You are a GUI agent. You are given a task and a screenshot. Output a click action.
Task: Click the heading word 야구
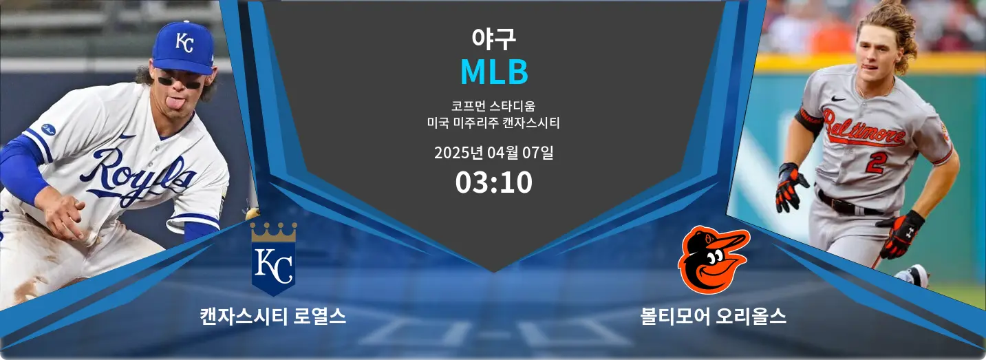(493, 39)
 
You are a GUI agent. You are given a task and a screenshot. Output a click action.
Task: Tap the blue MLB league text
(493, 72)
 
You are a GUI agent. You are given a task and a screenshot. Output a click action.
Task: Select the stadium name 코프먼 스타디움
(493, 107)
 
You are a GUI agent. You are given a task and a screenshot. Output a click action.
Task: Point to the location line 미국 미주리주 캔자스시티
(493, 124)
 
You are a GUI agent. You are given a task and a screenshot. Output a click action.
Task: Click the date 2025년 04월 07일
(493, 152)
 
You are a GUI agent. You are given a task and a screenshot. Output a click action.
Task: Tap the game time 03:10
(493, 182)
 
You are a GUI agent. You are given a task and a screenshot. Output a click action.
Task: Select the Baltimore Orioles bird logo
(714, 260)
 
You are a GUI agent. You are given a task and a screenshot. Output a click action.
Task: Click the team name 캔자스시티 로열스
(272, 317)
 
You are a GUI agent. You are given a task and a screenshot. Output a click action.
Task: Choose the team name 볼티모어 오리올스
(714, 317)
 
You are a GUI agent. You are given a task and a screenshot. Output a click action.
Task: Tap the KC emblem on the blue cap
(184, 42)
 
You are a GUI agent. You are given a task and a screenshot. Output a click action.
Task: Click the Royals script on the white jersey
(141, 176)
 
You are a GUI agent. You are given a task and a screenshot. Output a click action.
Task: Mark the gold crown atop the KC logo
(273, 232)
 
